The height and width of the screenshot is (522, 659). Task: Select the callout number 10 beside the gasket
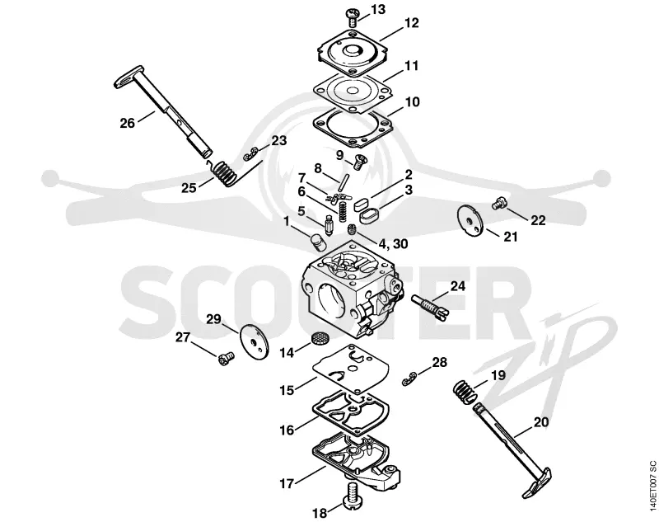point(411,102)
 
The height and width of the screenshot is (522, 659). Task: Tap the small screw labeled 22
point(498,204)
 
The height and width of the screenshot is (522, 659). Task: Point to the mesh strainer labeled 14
point(319,338)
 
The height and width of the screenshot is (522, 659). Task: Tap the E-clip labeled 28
point(408,379)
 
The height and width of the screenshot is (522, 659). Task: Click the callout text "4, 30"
point(394,243)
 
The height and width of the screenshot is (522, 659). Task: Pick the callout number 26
point(128,123)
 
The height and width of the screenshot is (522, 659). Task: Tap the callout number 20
point(541,421)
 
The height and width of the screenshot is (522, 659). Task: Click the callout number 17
point(287,484)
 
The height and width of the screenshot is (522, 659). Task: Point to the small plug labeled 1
point(318,242)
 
